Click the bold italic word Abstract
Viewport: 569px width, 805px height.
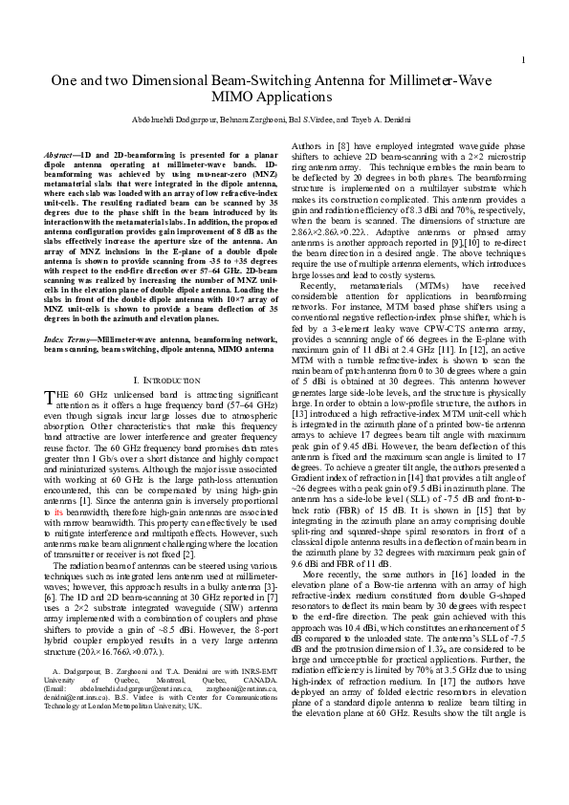tap(63, 154)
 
